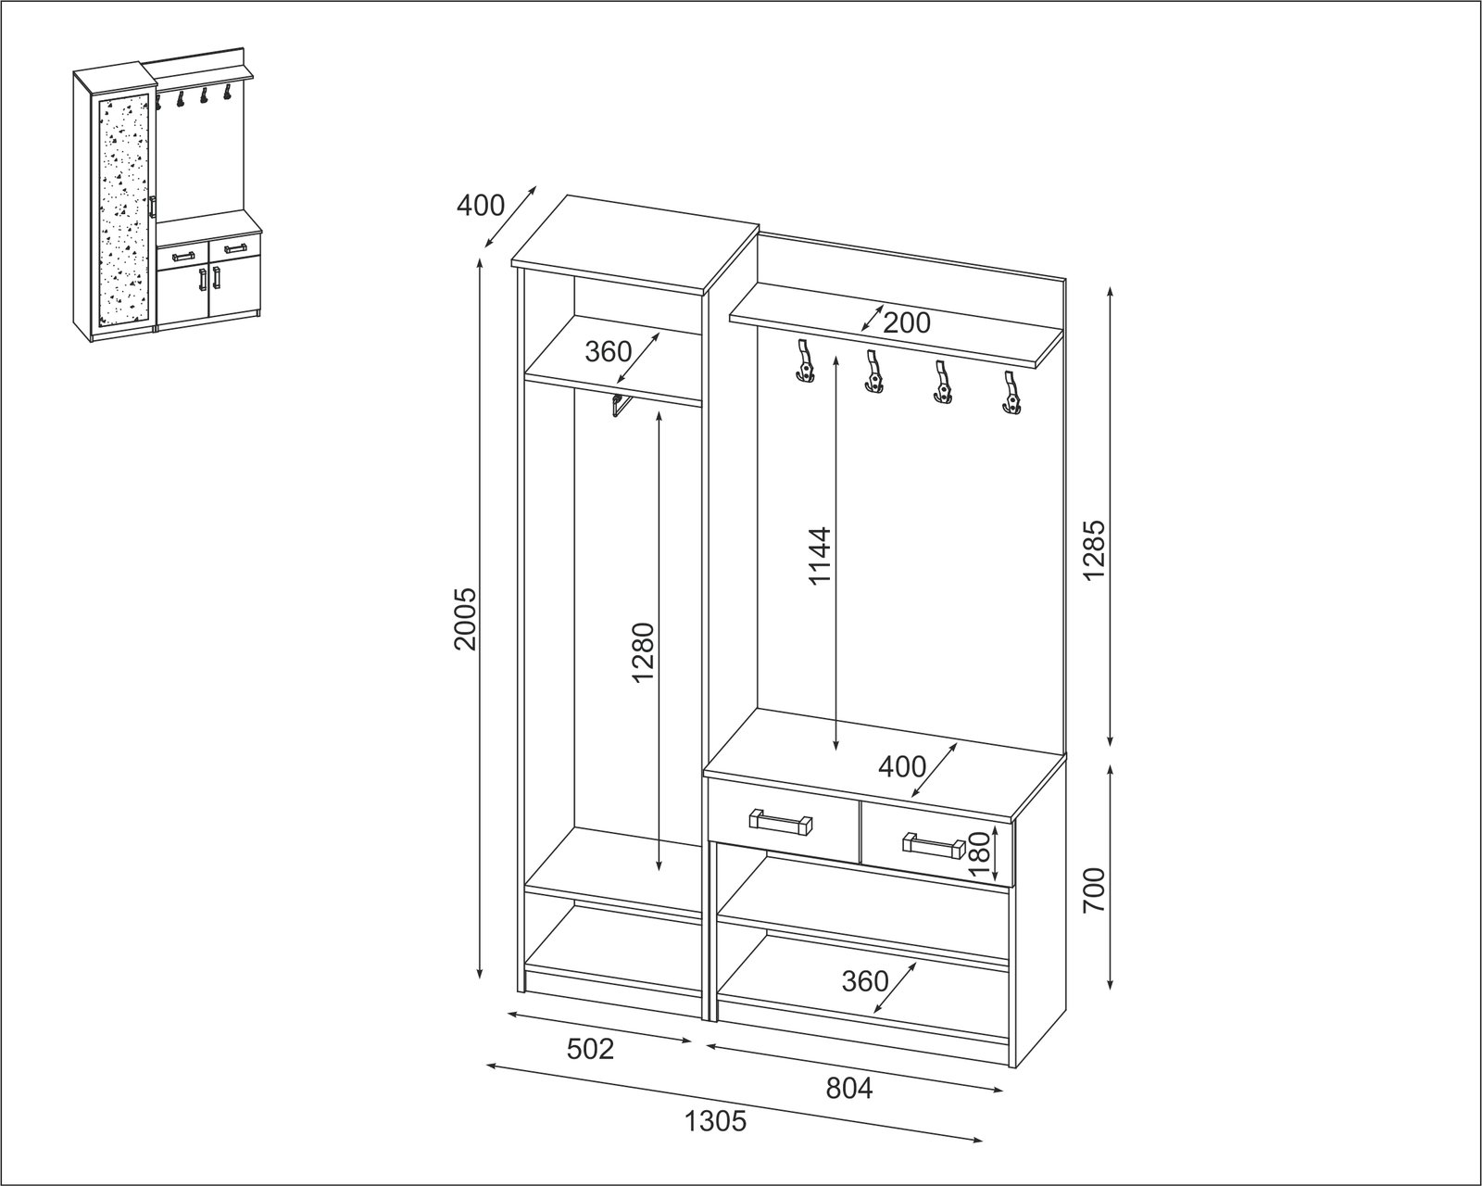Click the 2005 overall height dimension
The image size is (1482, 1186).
[466, 618]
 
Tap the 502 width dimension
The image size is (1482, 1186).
[590, 1049]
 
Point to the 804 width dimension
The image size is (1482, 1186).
[849, 1088]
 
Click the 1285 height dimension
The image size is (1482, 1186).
[1094, 550]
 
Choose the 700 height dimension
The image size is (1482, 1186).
[1094, 890]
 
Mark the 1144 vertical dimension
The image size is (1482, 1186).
[821, 556]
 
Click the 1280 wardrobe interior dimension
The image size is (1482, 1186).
[641, 652]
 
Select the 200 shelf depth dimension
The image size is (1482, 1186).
[906, 322]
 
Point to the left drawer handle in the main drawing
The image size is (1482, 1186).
[780, 822]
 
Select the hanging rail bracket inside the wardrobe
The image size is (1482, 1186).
[621, 405]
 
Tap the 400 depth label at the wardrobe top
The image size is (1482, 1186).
[481, 206]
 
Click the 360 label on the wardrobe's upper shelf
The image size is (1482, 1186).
[609, 351]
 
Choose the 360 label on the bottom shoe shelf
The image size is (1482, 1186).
[865, 980]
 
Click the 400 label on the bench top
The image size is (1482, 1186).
[902, 766]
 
